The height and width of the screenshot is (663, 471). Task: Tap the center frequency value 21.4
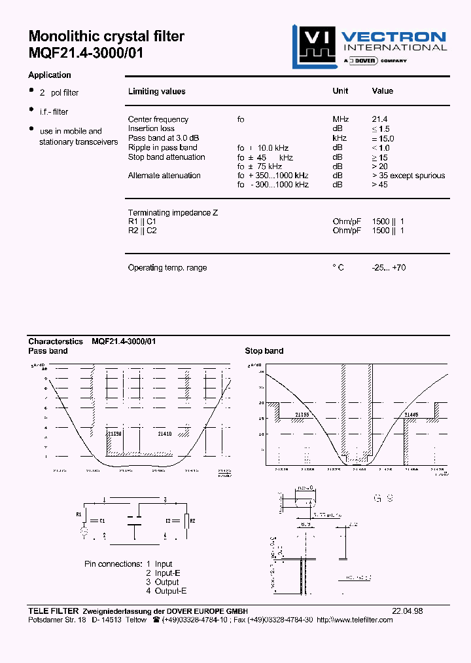pos(379,119)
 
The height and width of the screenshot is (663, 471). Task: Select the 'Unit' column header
pos(340,91)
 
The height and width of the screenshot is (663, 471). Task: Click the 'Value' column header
pos(382,91)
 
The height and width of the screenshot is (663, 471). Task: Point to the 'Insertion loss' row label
pos(151,128)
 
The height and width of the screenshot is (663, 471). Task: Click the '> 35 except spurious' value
pos(408,176)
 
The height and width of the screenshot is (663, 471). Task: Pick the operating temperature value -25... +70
pos(389,267)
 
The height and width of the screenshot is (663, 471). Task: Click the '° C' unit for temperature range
pos(338,267)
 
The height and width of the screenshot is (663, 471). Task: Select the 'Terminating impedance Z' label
pos(173,213)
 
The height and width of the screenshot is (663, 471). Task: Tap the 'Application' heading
pos(50,75)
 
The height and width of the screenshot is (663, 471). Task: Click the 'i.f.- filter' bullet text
pos(54,112)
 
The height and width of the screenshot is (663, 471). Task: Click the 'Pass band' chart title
pos(48,351)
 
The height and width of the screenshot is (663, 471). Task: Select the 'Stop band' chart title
pos(264,351)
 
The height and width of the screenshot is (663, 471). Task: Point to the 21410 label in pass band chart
pos(166,434)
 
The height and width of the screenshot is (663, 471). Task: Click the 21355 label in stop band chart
pos(302,415)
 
